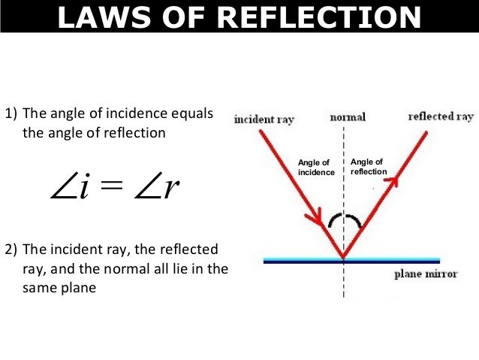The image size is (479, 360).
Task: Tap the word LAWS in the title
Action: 93,18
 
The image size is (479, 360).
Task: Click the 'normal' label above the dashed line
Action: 348,117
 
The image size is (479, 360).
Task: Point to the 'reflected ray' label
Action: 441,116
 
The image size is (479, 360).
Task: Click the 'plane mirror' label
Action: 426,274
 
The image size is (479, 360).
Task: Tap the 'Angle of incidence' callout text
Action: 314,167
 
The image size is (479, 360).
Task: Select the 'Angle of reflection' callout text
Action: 368,166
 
